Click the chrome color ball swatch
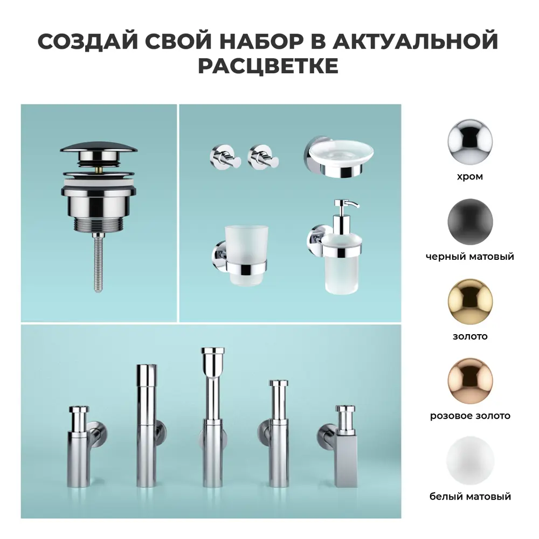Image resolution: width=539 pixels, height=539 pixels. point(470,142)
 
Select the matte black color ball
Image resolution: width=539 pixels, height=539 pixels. point(470,222)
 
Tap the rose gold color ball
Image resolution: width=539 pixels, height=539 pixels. point(470,381)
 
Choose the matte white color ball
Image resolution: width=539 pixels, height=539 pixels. point(470,461)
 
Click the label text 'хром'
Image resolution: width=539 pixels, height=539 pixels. point(470,176)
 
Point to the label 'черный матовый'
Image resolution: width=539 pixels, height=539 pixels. point(470,257)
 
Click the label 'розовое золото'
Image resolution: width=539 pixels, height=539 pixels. point(470,416)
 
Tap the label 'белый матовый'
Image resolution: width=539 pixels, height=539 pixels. point(470,496)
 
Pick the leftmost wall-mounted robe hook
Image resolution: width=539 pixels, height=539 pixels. point(221,156)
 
